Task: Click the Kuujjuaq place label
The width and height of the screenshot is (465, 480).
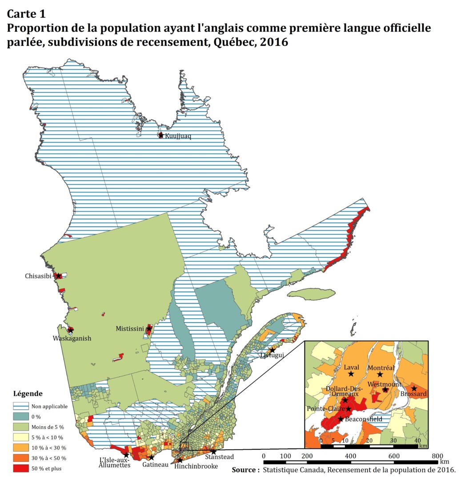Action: click(178, 136)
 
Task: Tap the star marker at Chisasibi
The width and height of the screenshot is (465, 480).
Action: click(58, 276)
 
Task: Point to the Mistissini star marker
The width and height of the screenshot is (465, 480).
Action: click(148, 329)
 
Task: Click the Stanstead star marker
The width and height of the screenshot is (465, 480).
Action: click(213, 452)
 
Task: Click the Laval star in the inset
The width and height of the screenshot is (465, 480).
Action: click(351, 374)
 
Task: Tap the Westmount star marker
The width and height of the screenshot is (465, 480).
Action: click(385, 390)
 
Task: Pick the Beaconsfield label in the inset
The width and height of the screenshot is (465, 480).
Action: click(363, 419)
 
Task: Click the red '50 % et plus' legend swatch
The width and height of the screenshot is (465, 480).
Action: click(21, 468)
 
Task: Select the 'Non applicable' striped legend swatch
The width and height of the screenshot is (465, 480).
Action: click(21, 406)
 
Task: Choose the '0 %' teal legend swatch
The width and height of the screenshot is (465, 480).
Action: click(21, 416)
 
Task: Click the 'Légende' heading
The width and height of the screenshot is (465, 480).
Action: click(28, 393)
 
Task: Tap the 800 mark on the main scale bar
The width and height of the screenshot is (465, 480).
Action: click(437, 456)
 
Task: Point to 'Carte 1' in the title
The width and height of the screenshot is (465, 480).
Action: click(26, 13)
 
